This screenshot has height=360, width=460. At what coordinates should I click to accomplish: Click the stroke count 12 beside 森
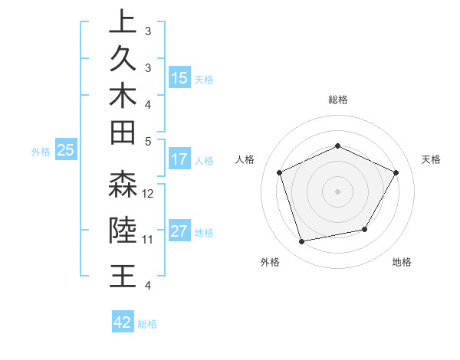[149, 194]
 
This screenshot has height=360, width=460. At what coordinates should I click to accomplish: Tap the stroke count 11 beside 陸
[149, 240]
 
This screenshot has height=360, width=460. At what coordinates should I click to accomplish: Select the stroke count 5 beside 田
[148, 142]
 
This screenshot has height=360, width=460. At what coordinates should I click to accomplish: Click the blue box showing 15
[179, 77]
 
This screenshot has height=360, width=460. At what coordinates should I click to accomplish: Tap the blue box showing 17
[179, 159]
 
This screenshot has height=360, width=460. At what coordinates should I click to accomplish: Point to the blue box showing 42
[123, 322]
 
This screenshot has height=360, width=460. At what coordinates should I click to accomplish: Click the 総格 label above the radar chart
[338, 100]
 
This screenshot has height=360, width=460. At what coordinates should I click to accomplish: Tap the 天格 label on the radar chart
[432, 159]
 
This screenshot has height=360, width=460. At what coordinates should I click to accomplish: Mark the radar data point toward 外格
[302, 242]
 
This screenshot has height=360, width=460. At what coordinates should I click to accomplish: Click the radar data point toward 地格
[365, 229]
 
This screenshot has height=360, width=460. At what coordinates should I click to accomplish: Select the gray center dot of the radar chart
[338, 191]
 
